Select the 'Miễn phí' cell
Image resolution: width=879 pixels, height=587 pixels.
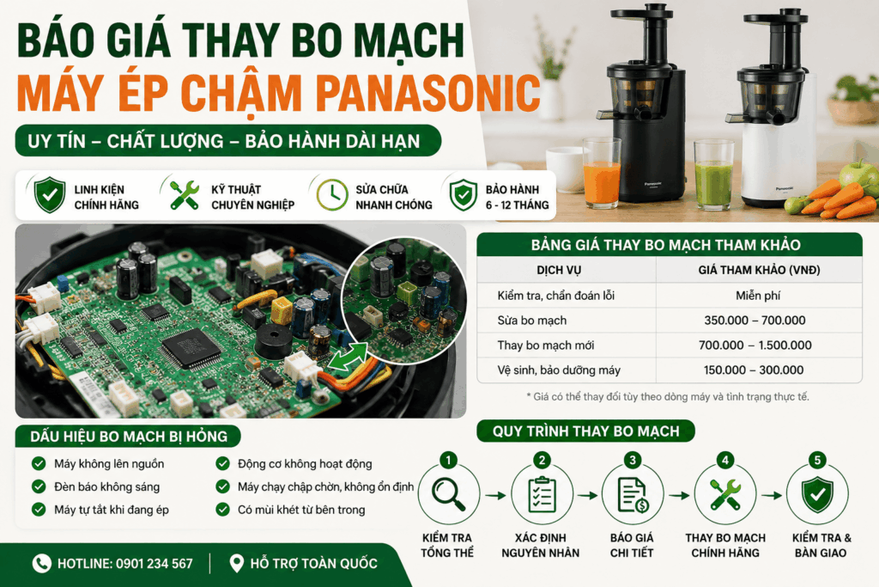tap(758, 296)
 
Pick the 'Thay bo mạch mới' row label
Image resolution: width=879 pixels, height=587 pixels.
tap(545, 345)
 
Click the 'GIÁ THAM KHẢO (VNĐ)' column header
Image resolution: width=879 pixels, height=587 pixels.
tap(759, 270)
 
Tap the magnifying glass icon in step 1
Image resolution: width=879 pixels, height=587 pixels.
tap(448, 494)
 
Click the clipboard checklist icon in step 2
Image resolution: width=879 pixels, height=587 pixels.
tap(542, 494)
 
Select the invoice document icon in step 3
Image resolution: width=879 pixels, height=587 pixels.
tap(633, 494)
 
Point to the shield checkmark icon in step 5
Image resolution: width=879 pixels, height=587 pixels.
tap(817, 494)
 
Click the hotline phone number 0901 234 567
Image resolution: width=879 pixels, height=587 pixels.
tap(155, 564)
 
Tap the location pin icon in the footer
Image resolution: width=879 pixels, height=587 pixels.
tap(237, 564)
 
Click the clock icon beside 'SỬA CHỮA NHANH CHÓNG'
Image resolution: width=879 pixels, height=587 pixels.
tap(332, 195)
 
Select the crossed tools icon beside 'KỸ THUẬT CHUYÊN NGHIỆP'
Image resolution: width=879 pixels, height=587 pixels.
tap(185, 195)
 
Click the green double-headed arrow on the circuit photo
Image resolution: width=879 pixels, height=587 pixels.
tap(348, 358)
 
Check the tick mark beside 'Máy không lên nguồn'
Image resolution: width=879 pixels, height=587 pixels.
tap(39, 463)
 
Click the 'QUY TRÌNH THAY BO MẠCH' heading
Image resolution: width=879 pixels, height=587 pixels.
tap(585, 431)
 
